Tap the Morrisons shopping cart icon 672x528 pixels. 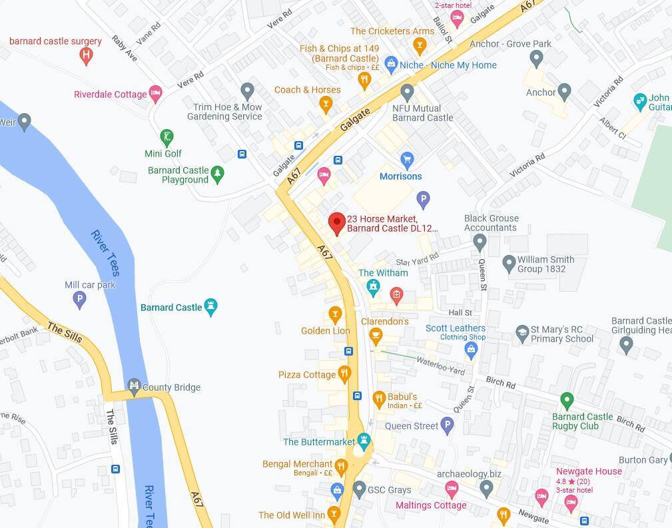[406, 160]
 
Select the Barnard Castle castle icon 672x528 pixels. [211, 307]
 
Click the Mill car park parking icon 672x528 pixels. [79, 300]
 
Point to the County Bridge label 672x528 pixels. [171, 388]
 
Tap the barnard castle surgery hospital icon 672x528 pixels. [85, 56]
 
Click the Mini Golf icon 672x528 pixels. [167, 138]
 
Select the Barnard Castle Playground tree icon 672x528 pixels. [217, 175]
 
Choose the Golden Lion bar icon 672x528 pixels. [335, 314]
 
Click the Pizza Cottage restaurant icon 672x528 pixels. [344, 374]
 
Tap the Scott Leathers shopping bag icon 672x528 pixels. [472, 351]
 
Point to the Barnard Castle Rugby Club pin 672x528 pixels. [567, 401]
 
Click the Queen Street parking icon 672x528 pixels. [448, 425]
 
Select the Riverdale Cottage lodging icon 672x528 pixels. [155, 95]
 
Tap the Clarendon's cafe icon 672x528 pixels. [376, 336]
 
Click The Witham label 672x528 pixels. [383, 273]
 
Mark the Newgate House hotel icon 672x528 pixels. [570, 504]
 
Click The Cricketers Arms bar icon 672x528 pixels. [419, 46]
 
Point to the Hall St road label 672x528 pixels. [460, 312]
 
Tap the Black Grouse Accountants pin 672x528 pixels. [480, 243]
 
